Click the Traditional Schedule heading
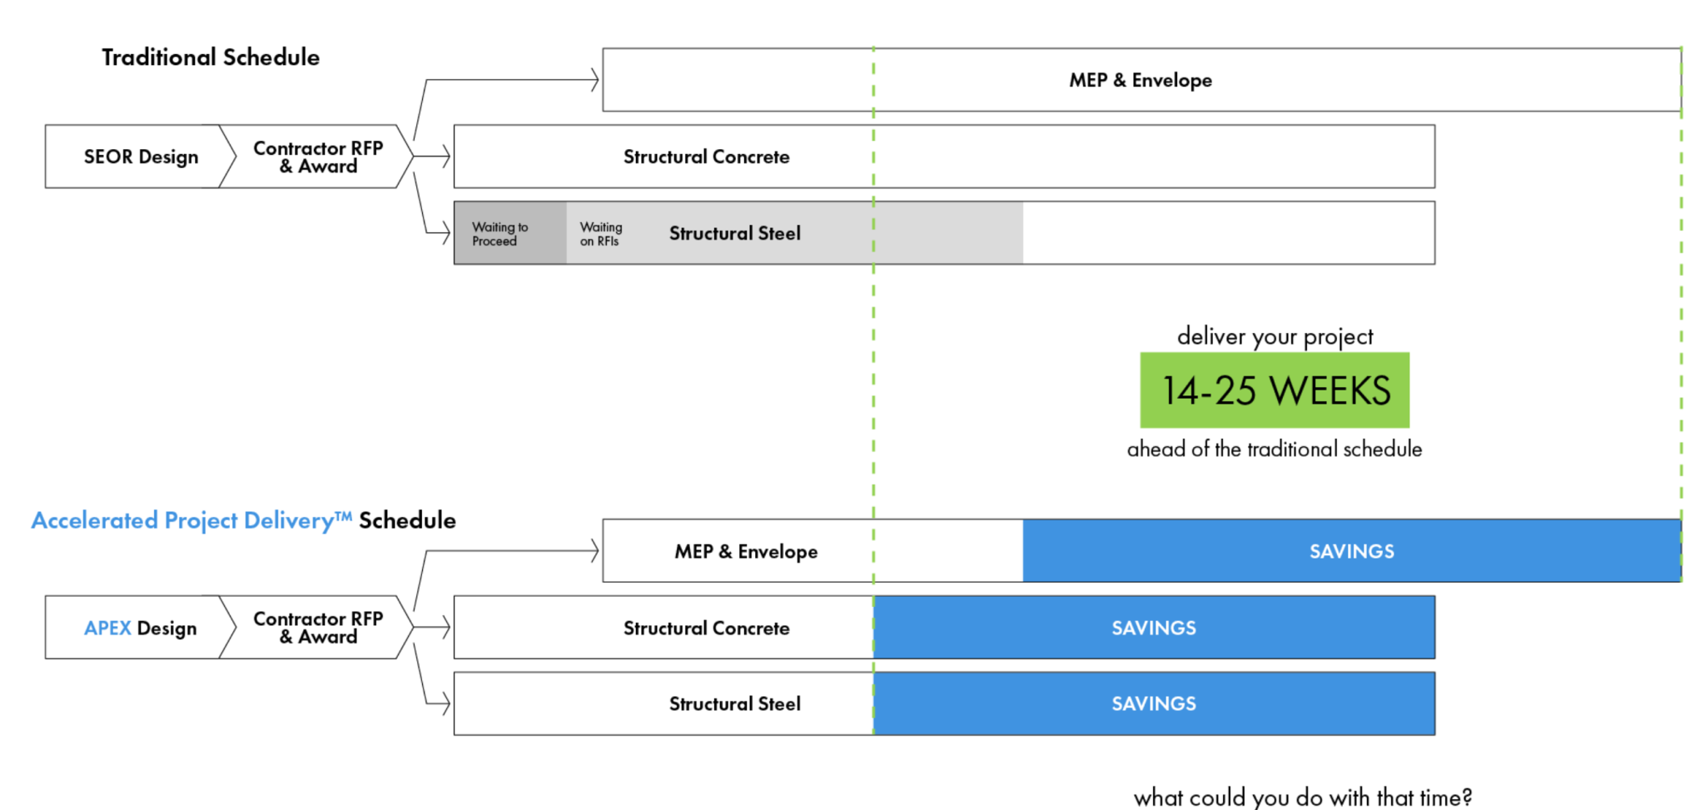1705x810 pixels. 211,57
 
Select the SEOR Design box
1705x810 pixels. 137,157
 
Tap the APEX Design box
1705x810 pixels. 137,628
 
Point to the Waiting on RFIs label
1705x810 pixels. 600,234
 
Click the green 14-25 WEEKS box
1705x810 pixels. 1274,390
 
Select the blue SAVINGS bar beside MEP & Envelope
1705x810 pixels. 1350,551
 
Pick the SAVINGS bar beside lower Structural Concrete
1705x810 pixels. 1153,628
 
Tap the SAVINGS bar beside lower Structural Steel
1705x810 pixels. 1153,703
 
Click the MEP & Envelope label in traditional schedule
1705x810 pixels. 1140,80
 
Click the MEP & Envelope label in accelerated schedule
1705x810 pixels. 746,551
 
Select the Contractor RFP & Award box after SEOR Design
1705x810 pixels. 318,157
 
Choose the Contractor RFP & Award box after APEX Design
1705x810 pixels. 318,628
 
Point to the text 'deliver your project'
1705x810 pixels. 1274,336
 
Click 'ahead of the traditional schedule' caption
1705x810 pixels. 1274,450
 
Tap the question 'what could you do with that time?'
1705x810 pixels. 1302,797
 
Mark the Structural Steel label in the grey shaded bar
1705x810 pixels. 734,234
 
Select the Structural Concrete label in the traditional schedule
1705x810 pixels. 706,157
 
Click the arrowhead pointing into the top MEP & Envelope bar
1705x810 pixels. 594,80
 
